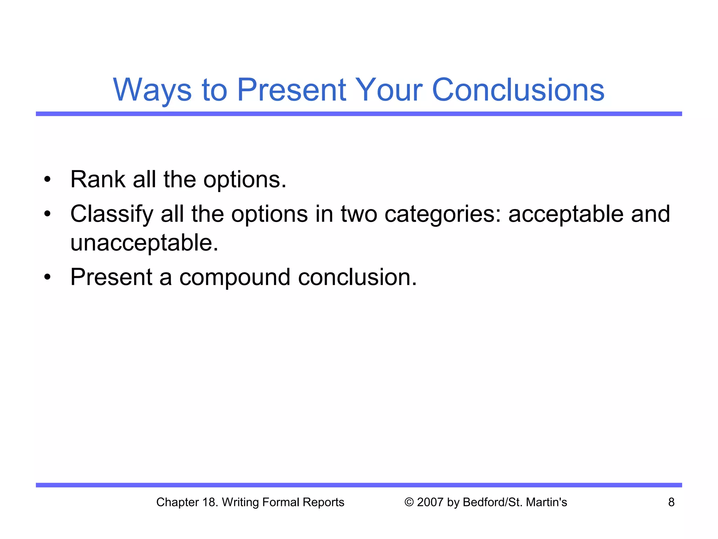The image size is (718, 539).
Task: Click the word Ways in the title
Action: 152,90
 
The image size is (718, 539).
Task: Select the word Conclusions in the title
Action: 518,90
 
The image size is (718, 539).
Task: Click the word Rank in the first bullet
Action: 98,179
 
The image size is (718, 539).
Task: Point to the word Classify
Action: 112,214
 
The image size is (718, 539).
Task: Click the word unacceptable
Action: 144,243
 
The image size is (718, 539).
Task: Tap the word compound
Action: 235,277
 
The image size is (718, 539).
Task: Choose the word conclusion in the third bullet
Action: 357,277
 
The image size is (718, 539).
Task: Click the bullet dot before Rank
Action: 47,180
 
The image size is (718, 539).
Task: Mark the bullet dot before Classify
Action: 47,214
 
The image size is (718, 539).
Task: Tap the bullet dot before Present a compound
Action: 47,278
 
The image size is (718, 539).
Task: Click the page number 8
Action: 671,502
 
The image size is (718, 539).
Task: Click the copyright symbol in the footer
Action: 409,502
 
